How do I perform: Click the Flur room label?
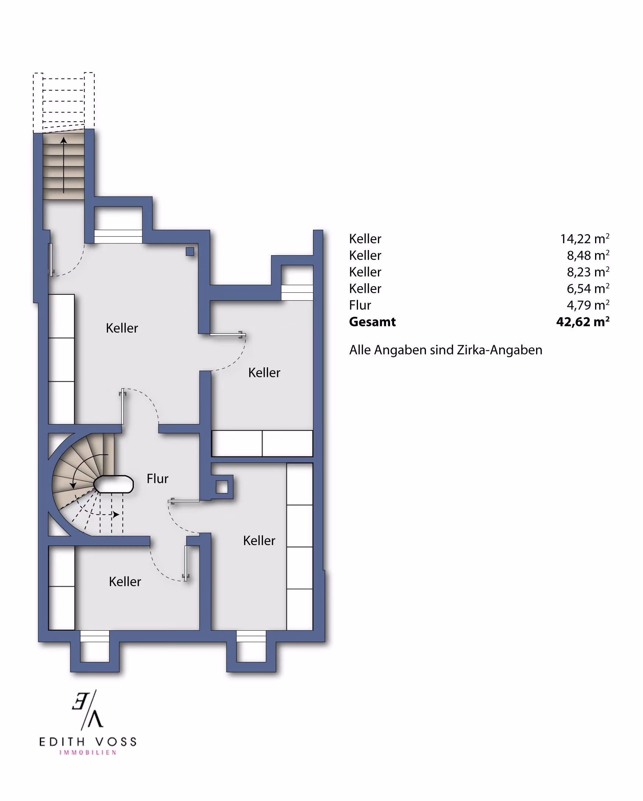click(157, 479)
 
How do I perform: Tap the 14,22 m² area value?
click(584, 239)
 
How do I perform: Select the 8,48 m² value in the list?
click(588, 255)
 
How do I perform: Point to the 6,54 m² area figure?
click(588, 288)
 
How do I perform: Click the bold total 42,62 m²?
click(583, 321)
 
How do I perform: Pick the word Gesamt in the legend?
click(372, 322)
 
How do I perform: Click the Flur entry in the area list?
click(360, 305)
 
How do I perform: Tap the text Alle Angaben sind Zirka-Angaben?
click(445, 350)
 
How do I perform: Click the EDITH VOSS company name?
click(88, 742)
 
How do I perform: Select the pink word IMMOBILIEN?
click(88, 753)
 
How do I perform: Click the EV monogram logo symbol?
click(88, 710)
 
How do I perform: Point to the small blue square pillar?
click(190, 252)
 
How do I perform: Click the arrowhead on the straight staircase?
click(63, 140)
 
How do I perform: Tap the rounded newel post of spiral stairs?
click(113, 484)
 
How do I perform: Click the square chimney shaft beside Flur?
click(222, 487)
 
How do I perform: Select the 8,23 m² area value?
click(588, 272)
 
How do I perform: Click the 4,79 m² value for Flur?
click(588, 305)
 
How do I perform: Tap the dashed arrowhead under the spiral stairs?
click(116, 514)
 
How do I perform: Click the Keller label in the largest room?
click(122, 328)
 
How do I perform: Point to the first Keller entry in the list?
click(365, 239)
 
